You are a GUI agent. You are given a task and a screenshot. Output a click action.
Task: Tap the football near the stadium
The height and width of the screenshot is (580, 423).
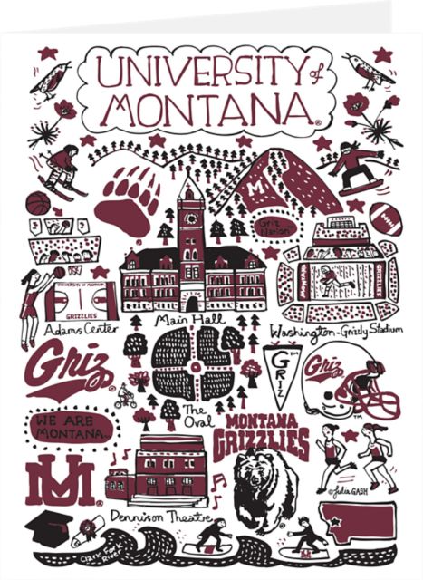pyautogui.click(x=386, y=217)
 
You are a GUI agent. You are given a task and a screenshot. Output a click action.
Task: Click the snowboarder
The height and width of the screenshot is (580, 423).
pyautogui.click(x=356, y=169)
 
